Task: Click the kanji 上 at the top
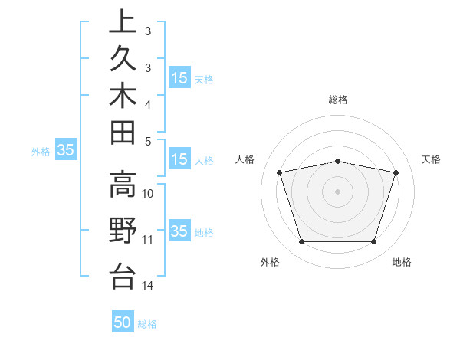123,22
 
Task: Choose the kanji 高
123,185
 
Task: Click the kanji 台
123,275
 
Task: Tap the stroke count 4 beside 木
148,104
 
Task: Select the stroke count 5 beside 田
148,141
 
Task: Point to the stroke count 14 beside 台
148,286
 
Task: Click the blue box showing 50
123,322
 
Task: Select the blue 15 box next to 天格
179,77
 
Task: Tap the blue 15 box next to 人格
179,160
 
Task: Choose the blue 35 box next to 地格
179,231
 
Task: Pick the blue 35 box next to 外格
66,151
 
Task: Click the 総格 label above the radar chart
338,100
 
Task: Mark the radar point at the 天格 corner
396,172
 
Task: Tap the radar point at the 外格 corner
301,242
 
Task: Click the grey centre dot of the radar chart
337,191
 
